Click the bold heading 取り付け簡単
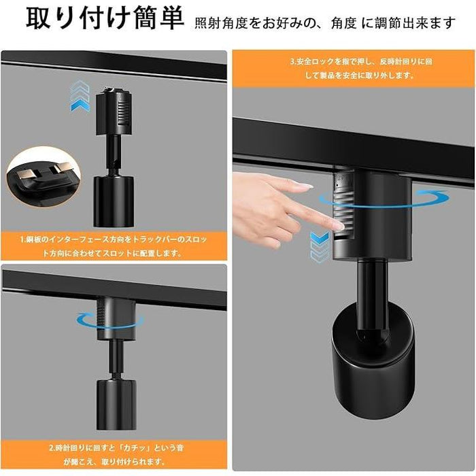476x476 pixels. click(105, 19)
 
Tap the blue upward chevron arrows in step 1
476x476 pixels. click(80, 97)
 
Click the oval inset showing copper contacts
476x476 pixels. click(44, 176)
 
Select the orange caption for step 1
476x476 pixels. click(114, 246)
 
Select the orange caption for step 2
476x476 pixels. click(114, 455)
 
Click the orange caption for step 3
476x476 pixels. click(353, 69)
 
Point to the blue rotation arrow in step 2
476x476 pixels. click(110, 320)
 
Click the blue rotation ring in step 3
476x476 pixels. click(384, 199)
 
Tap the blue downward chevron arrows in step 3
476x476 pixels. click(320, 246)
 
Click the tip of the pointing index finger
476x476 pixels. click(342, 226)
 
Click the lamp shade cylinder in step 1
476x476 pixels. click(114, 201)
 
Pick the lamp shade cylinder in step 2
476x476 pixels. click(116, 404)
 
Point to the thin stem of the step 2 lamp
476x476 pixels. click(116, 359)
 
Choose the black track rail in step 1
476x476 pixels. click(114, 66)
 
